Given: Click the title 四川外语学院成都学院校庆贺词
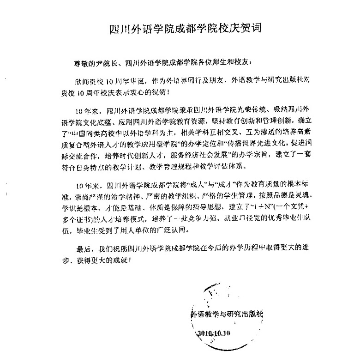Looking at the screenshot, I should tap(181, 27).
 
